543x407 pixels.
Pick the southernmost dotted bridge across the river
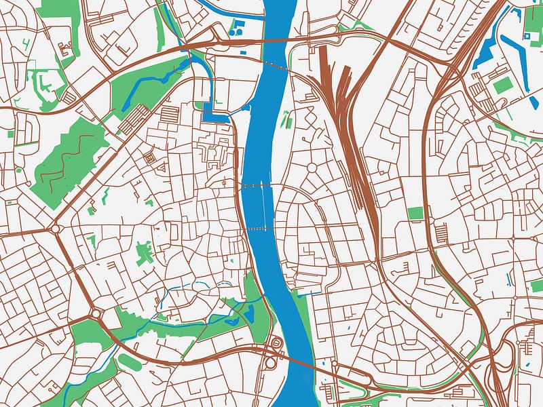(x=257, y=229)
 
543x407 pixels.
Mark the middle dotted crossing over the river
(x=257, y=185)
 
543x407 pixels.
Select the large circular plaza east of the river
(x=313, y=167)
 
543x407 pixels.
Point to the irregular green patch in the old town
(x=144, y=254)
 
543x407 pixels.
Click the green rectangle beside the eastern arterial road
(x=415, y=213)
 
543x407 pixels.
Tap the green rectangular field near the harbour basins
(x=502, y=85)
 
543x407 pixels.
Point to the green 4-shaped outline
(x=26, y=45)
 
